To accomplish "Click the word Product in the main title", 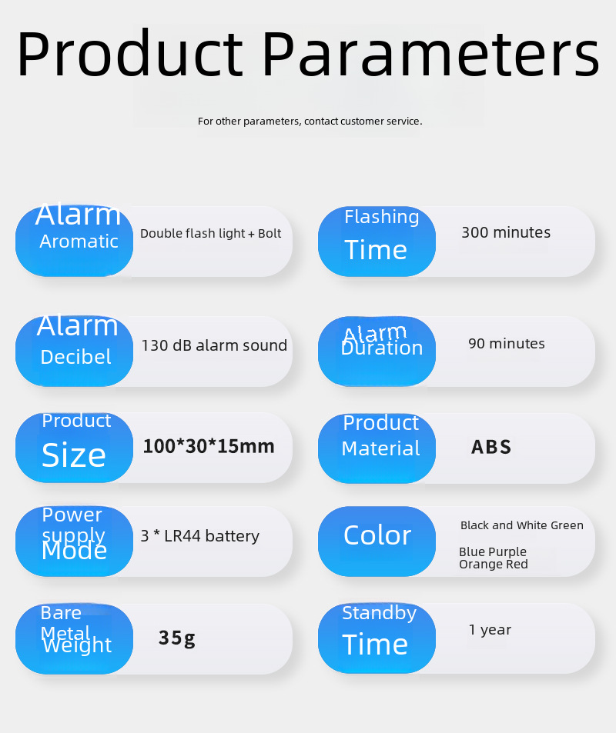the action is (130, 53).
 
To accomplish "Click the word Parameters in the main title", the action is (430, 53).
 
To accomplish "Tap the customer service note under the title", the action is (310, 121).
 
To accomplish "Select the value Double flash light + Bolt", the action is (211, 233).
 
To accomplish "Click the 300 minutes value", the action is (506, 232).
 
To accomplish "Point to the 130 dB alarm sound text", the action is (214, 345).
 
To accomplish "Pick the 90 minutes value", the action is (507, 344).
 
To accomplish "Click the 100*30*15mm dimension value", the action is (209, 446).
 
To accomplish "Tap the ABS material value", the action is (491, 447).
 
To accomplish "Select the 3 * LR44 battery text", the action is (200, 536).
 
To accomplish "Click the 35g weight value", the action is (177, 638).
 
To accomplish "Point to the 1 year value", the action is (490, 630).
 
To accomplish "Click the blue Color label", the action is (377, 541).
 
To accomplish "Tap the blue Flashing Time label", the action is (377, 242).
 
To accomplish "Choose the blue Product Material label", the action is (377, 448).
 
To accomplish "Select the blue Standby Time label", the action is (377, 638).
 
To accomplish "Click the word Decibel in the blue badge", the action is (75, 357).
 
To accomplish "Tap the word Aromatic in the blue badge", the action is (79, 242).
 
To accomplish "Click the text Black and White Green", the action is (522, 525).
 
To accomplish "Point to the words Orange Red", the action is (494, 565).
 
